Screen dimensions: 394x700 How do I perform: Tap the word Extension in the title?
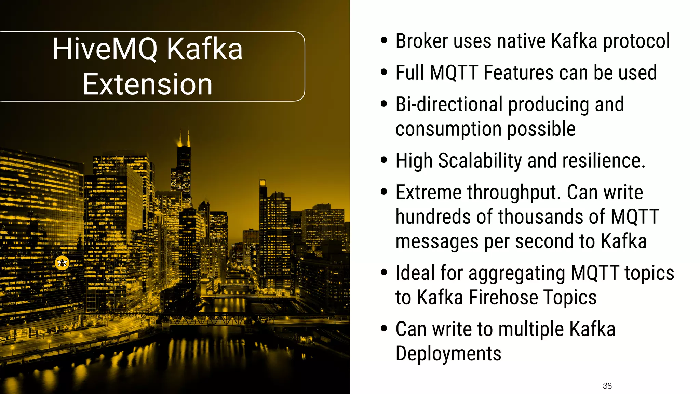click(x=147, y=84)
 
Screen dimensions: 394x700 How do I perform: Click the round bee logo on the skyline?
click(x=62, y=263)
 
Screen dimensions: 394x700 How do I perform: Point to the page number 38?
click(x=607, y=386)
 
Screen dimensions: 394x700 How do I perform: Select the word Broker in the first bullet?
click(x=421, y=41)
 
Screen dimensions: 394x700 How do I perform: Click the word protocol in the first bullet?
click(x=636, y=42)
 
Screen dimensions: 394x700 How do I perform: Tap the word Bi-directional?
click(x=449, y=104)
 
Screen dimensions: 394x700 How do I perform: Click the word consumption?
click(x=448, y=129)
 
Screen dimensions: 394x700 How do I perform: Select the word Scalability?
click(x=480, y=161)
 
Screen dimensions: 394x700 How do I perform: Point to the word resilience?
click(x=603, y=161)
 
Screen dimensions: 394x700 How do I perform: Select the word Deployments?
click(x=448, y=354)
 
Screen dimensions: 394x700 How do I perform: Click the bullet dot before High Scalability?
click(x=384, y=160)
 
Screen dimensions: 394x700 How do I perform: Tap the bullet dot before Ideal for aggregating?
click(x=384, y=273)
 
